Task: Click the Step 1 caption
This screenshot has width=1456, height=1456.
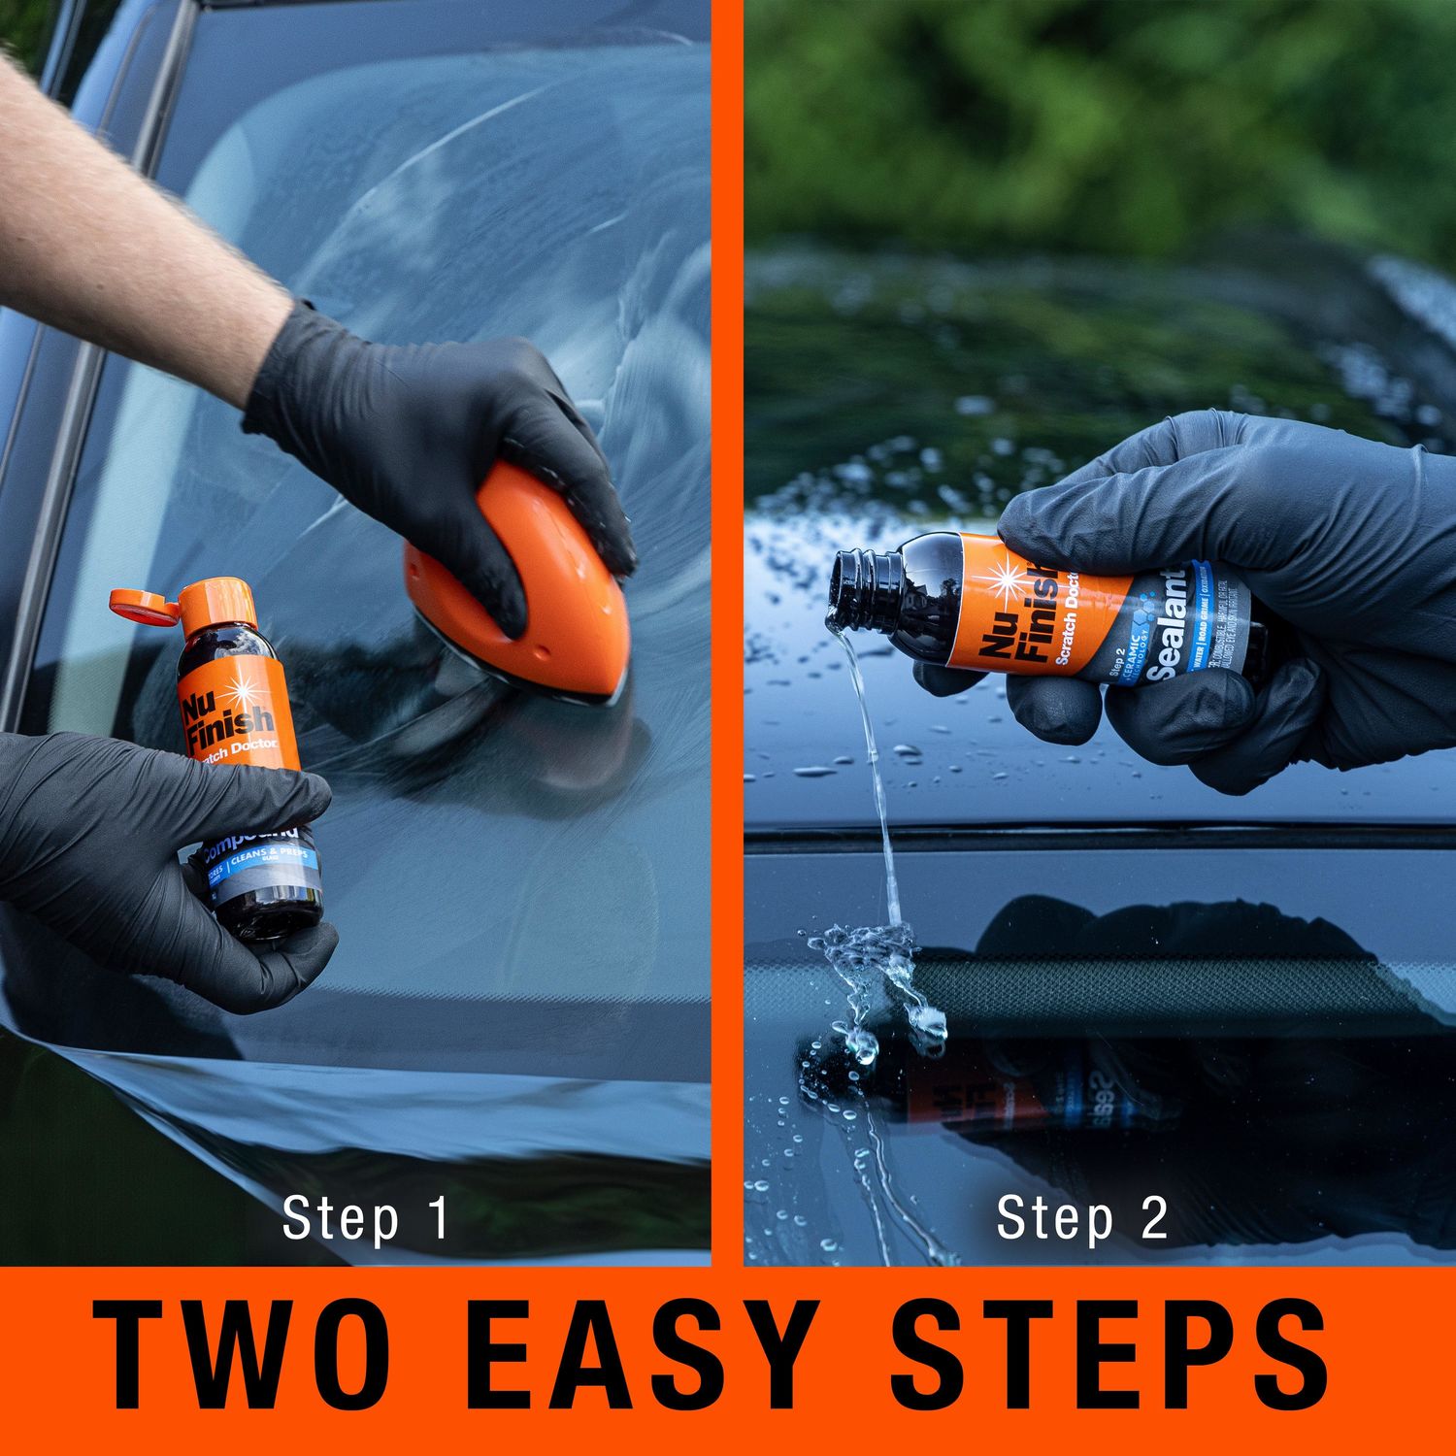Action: click(x=366, y=1218)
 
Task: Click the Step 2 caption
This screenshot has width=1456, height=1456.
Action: click(x=1081, y=1218)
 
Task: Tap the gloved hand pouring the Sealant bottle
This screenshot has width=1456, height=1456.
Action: click(x=1262, y=582)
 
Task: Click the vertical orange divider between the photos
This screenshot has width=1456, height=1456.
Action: click(x=727, y=631)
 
